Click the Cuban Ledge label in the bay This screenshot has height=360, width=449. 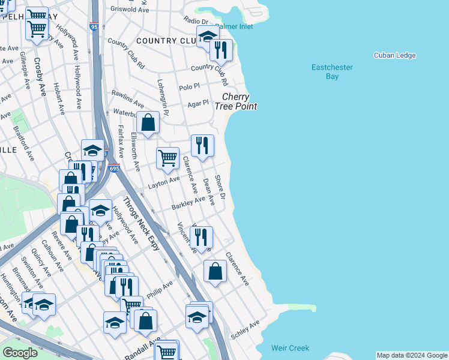(394, 56)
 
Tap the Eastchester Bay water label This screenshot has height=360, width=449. (332, 72)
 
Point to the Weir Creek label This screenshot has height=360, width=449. (290, 348)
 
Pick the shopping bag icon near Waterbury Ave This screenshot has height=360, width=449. (148, 123)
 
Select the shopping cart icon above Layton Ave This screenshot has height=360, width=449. (168, 158)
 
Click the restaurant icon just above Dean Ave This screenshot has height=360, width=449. (202, 145)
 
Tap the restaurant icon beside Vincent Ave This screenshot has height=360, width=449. (201, 237)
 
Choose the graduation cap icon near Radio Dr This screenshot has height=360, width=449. (208, 37)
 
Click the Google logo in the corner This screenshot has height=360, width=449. (20, 353)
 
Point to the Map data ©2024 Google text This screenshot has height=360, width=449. (412, 355)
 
